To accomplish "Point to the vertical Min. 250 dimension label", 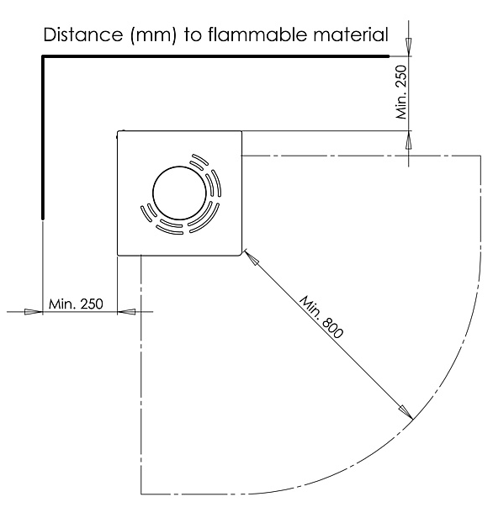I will (x=400, y=92).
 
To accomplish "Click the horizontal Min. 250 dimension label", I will (x=76, y=304).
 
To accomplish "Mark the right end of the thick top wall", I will (x=388, y=56).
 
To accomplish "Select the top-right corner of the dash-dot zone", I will (x=482, y=156).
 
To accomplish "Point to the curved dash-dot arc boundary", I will (x=437, y=387).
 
